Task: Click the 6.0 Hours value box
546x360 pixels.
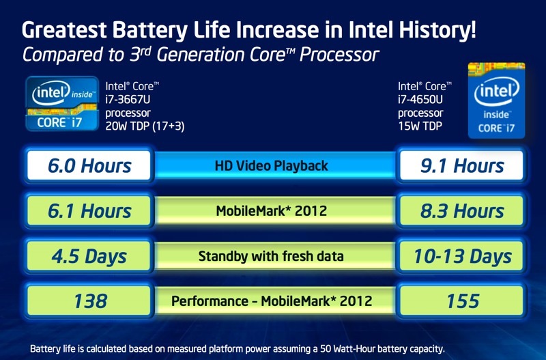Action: (89, 165)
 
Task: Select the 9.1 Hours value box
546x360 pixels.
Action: (462, 165)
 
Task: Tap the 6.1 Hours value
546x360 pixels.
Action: (89, 211)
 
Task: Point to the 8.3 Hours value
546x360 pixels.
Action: (462, 211)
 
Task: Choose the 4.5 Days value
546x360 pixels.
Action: (89, 256)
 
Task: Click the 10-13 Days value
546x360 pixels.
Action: (462, 256)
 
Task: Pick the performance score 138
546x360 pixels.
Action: (89, 301)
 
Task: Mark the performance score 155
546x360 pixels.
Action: (462, 301)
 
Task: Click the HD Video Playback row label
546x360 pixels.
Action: (272, 165)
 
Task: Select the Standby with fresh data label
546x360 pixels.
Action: (272, 256)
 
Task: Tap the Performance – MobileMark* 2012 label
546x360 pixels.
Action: (272, 301)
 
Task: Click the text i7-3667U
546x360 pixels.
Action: (128, 99)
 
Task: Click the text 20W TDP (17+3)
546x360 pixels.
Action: (145, 126)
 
